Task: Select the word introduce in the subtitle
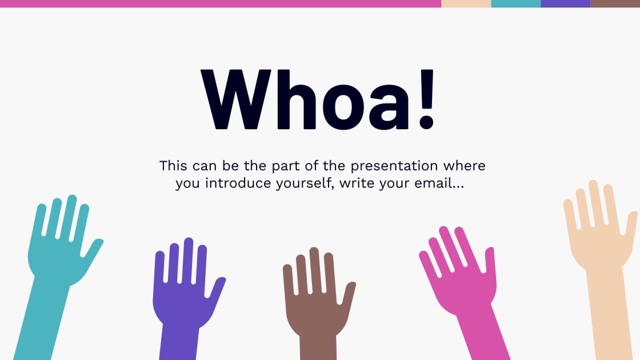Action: click(237, 184)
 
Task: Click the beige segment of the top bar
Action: click(466, 3)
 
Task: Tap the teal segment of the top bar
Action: click(515, 3)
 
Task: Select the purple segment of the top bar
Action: click(565, 3)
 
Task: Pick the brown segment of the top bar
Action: click(615, 3)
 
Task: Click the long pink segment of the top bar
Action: click(220, 3)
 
